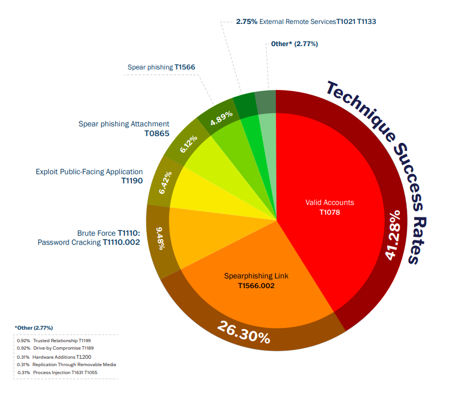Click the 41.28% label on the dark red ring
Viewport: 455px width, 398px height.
click(394, 235)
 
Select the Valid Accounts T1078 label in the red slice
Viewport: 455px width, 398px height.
click(330, 207)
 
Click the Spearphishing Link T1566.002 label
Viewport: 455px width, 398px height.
click(256, 281)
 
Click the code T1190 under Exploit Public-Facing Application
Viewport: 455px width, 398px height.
click(132, 180)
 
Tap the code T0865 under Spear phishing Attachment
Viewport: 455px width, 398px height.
click(156, 133)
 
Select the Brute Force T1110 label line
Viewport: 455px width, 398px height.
click(113, 233)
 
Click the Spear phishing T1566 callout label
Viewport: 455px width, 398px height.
click(161, 67)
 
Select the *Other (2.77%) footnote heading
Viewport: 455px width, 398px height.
click(34, 328)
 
